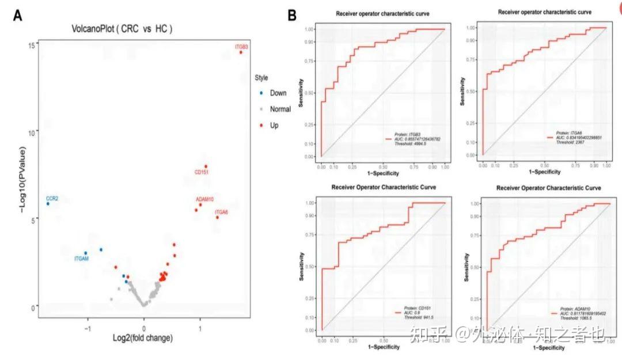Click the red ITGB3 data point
point(241,52)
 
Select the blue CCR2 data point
point(48,204)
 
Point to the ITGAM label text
point(83,259)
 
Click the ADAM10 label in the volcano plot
point(205,199)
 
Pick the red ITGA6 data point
point(217,217)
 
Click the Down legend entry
point(278,93)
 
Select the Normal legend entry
point(280,109)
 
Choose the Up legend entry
point(274,125)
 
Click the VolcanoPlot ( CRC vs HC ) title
point(122,28)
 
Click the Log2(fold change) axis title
point(143,338)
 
